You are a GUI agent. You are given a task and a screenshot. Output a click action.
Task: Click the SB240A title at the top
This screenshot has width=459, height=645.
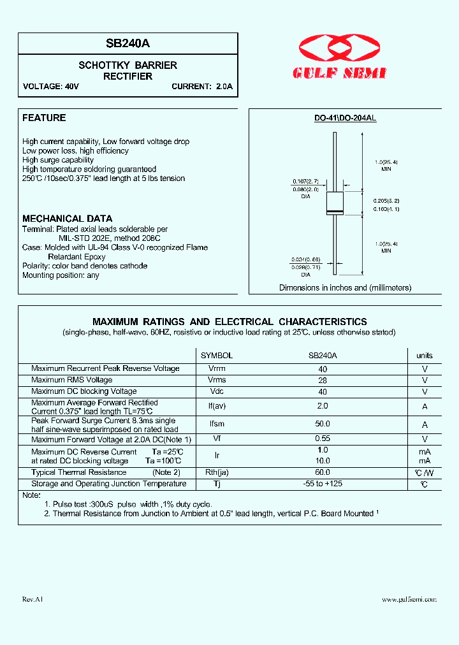click(128, 43)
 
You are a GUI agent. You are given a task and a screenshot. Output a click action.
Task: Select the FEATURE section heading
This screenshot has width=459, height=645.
click(44, 118)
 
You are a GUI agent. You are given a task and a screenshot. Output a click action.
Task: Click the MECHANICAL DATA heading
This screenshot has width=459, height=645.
click(67, 219)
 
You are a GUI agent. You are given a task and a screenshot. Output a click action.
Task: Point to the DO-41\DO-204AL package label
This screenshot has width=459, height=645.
click(345, 119)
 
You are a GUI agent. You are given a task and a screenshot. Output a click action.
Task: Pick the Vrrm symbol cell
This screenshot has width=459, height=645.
click(217, 368)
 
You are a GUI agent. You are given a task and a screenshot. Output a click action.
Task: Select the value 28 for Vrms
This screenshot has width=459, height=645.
click(323, 380)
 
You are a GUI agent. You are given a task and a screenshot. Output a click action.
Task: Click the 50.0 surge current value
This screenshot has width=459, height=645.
click(323, 424)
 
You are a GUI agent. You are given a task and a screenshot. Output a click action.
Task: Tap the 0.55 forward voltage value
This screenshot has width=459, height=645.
click(323, 439)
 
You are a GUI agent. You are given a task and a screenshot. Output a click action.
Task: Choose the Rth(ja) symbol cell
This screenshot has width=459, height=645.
click(217, 472)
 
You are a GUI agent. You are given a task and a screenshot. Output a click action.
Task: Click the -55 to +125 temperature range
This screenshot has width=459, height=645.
click(323, 484)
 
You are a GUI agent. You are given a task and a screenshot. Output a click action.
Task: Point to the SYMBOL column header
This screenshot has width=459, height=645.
click(217, 356)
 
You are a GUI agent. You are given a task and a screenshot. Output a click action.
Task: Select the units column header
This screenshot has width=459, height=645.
click(425, 356)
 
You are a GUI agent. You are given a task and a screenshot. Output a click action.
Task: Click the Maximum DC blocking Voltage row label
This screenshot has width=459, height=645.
click(84, 391)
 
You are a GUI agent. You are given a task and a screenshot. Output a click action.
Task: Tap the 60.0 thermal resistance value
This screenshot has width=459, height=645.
click(323, 472)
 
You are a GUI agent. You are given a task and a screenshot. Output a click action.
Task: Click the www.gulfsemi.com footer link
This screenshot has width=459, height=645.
click(409, 600)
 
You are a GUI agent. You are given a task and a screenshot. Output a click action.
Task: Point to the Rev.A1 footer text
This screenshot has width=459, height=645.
click(33, 600)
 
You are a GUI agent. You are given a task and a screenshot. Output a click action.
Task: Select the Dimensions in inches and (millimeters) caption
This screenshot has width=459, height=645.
click(345, 288)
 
